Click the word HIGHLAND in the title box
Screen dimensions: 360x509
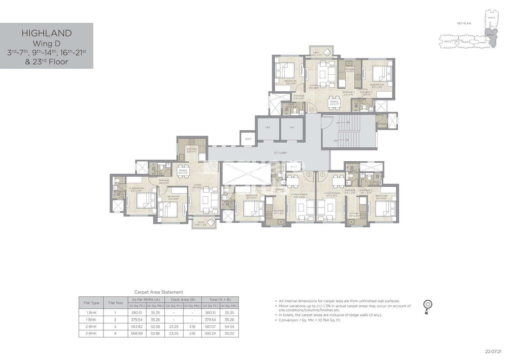46,33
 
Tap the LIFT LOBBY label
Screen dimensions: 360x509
281,153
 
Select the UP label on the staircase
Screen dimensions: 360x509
337,123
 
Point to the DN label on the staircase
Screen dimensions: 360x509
336,141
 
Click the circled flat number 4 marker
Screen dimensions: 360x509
312,110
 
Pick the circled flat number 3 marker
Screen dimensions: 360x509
213,165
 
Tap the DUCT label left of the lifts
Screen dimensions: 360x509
248,139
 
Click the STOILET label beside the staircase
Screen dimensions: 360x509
382,124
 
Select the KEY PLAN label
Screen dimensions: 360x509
464,23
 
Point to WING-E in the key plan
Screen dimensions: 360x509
492,17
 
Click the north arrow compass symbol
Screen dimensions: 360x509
428,305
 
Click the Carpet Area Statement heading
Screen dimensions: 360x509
158,292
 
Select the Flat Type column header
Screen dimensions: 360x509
91,303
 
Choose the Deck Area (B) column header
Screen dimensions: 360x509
183,300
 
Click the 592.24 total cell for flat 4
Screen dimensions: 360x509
210,334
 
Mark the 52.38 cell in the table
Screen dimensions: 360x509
155,327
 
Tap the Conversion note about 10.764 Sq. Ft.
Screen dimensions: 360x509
309,320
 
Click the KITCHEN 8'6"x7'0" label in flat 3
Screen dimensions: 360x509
192,150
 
